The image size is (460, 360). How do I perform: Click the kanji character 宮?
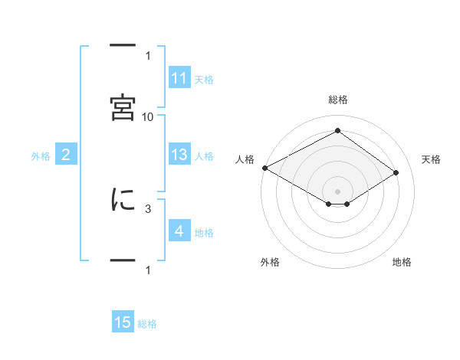tap(123, 107)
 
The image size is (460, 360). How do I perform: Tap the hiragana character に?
tap(123, 199)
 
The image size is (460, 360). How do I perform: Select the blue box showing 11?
tap(179, 77)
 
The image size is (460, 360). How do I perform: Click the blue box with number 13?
tap(179, 154)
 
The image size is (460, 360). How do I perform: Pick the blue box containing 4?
tap(179, 230)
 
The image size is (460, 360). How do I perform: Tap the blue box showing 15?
tap(123, 321)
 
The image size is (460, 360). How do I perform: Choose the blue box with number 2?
tap(66, 154)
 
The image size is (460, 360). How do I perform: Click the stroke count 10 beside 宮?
tap(147, 117)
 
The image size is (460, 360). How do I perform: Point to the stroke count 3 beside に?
tap(148, 209)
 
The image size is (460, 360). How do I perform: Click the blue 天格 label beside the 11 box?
tap(204, 80)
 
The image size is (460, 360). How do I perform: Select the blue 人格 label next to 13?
tap(204, 156)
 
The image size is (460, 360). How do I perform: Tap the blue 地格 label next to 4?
tap(204, 233)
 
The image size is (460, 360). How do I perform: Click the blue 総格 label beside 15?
tap(147, 324)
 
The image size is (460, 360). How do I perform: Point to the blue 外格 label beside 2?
tap(41, 156)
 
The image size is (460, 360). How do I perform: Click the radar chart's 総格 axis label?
tap(338, 100)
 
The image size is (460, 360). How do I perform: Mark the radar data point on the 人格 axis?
tap(265, 168)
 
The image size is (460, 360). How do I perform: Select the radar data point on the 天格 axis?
tap(396, 172)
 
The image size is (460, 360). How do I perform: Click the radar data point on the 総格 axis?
tap(337, 130)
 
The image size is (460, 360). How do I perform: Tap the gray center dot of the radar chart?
tap(337, 191)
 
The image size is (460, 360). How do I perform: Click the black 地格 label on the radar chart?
tap(402, 262)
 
